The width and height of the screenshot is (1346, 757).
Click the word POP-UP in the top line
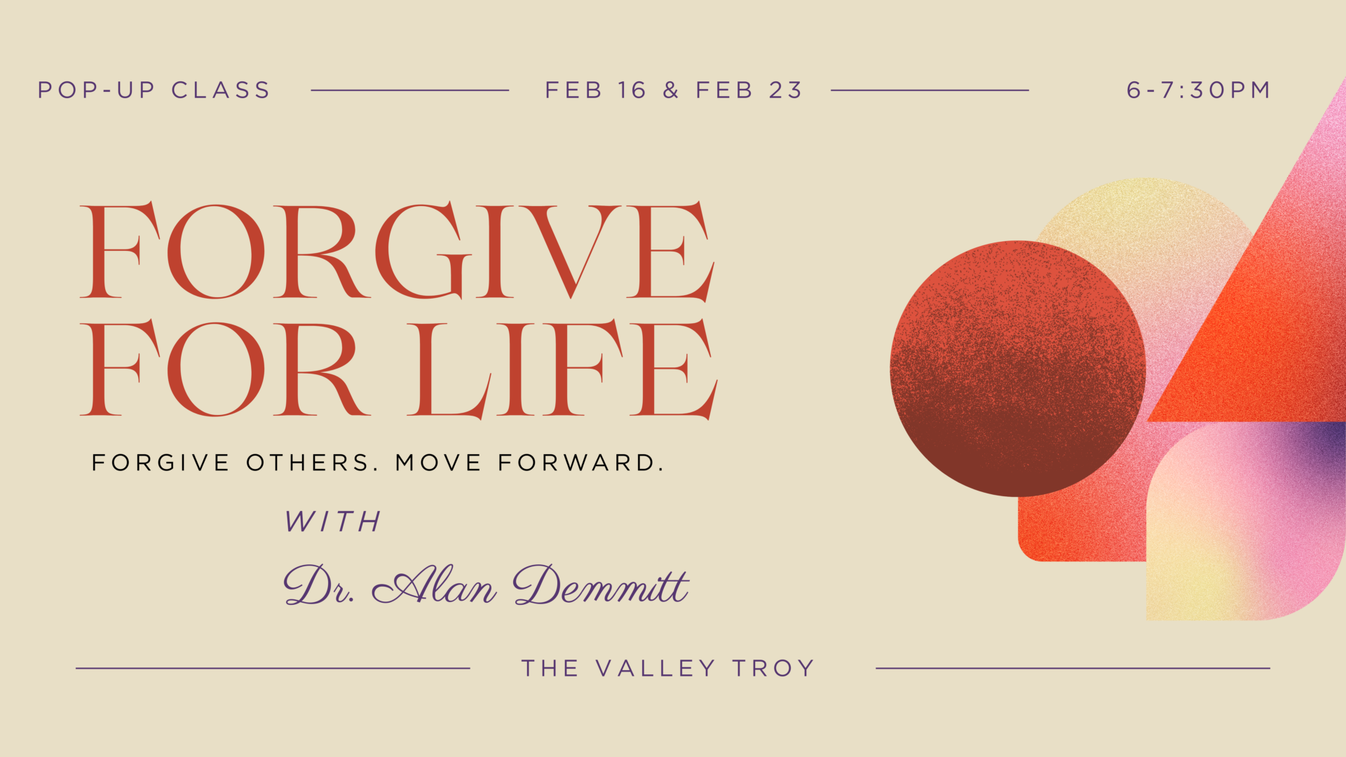[x=96, y=90]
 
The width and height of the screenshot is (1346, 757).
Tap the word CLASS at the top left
[x=221, y=90]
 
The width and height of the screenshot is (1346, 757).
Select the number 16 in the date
[x=632, y=90]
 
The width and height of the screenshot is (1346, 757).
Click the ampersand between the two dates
[x=671, y=90]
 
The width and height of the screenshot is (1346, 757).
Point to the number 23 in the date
[x=785, y=90]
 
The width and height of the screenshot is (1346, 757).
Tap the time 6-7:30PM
[x=1198, y=90]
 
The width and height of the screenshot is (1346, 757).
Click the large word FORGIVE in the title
[x=397, y=251]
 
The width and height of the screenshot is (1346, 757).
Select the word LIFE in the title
[x=562, y=369]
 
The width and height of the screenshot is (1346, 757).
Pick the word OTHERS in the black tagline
[x=312, y=463]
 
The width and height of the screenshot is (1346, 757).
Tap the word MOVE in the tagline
[x=439, y=463]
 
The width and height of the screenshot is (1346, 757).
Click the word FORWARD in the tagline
[x=581, y=463]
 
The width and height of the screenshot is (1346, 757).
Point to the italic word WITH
[x=333, y=521]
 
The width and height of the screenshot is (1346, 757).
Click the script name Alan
[x=435, y=585]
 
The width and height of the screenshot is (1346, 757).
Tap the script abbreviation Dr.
[x=319, y=585]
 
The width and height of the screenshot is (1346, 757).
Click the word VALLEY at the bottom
[x=655, y=669]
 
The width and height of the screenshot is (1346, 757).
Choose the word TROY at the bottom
[x=773, y=669]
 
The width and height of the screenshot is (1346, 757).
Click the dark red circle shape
[x=1018, y=369]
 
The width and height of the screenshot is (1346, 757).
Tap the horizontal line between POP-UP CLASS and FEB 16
[x=410, y=90]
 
